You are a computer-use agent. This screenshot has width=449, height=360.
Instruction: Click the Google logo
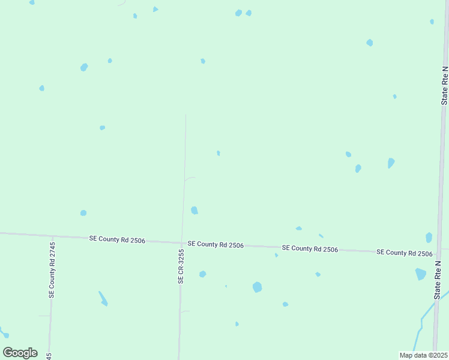pyautogui.click(x=20, y=353)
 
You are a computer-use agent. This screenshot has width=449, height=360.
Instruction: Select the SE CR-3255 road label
pyautogui.click(x=180, y=267)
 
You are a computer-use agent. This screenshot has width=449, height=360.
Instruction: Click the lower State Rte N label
pyautogui.click(x=438, y=280)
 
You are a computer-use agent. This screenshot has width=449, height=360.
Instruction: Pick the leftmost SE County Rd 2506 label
pyautogui.click(x=117, y=239)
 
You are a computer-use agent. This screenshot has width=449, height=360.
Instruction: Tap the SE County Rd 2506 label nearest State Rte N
pyautogui.click(x=405, y=253)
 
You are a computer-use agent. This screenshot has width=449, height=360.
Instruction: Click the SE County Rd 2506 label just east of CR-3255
pyautogui.click(x=215, y=245)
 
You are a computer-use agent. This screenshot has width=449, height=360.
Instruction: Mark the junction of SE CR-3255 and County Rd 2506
pyautogui.click(x=182, y=243)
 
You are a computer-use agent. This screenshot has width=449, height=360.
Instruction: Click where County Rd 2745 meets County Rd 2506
pyautogui.click(x=53, y=236)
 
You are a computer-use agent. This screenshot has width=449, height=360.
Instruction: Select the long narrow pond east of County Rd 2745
pyautogui.click(x=103, y=298)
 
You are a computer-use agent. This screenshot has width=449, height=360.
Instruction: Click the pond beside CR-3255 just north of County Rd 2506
pyautogui.click(x=194, y=210)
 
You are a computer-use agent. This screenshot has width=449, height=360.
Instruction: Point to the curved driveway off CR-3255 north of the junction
pyautogui.click(x=190, y=178)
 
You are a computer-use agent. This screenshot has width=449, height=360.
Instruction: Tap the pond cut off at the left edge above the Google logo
pyautogui.click(x=3, y=332)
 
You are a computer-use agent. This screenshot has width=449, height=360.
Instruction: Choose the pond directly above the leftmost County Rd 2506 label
pyautogui.click(x=83, y=213)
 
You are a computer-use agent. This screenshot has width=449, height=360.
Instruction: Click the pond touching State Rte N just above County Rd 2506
pyautogui.click(x=429, y=238)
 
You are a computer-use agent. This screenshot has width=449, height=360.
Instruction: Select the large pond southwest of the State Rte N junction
pyautogui.click(x=420, y=274)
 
